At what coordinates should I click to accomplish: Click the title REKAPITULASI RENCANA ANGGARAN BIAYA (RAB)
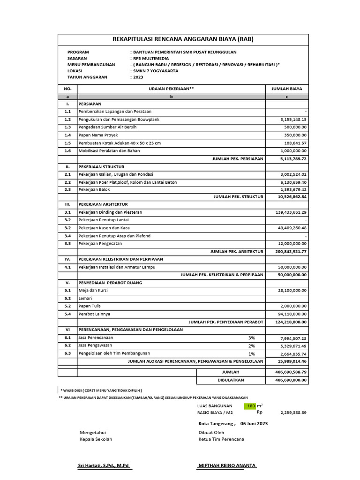[183, 39]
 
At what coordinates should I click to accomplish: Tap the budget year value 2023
[139, 77]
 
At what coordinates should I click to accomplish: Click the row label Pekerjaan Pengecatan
[102, 243]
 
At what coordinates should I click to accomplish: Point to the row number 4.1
[67, 267]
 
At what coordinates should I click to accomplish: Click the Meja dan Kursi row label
[93, 290]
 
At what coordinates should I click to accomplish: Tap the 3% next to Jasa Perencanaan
[252, 337]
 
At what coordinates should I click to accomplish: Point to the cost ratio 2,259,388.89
[293, 413]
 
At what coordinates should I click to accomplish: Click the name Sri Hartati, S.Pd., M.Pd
[104, 465]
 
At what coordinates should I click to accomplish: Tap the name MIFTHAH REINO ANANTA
[227, 465]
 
